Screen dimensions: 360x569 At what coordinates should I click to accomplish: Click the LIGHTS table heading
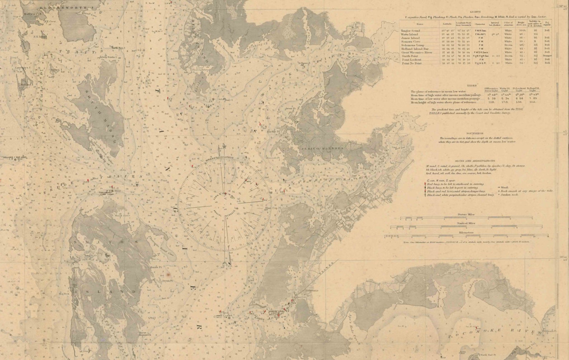(x=475, y=11)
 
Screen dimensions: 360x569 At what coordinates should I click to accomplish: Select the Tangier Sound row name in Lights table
(x=410, y=31)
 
